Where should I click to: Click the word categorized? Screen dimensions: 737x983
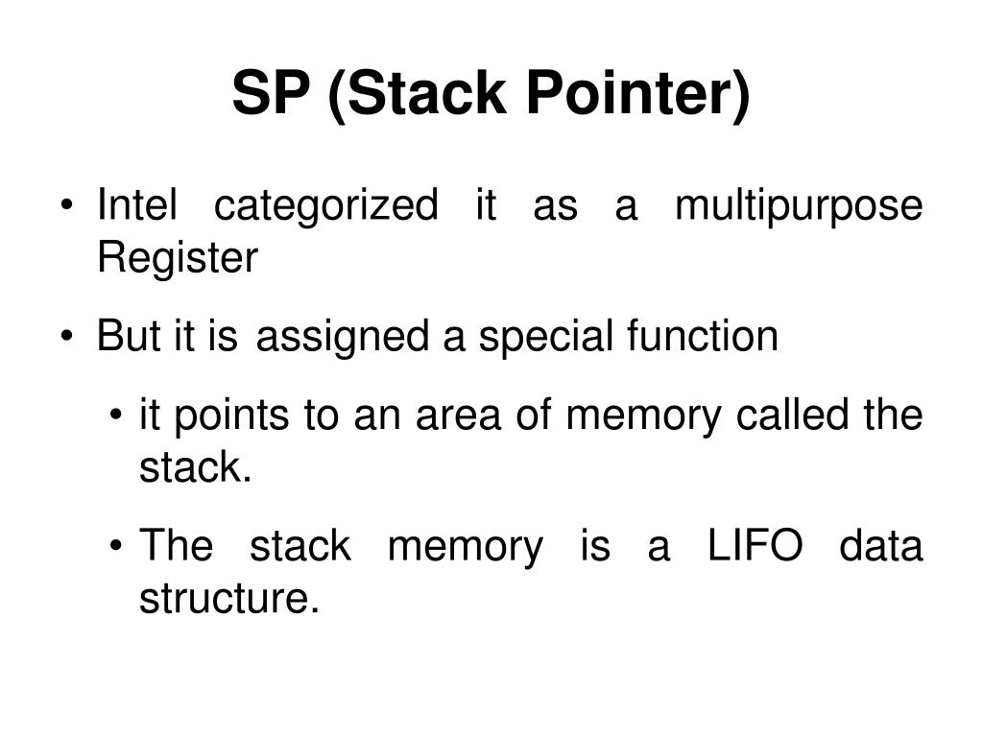[324, 205]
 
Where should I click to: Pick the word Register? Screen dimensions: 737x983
[178, 259]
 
